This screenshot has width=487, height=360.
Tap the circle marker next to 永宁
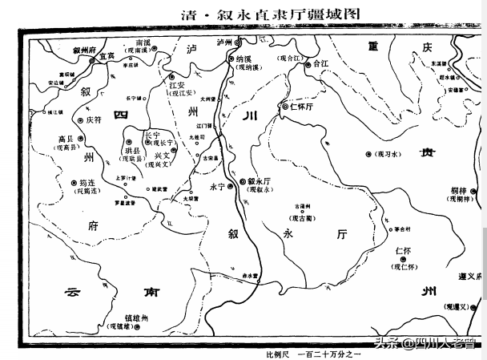tap(230, 186)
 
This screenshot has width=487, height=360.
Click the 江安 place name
tap(177, 84)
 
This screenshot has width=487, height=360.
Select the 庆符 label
tap(94, 119)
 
